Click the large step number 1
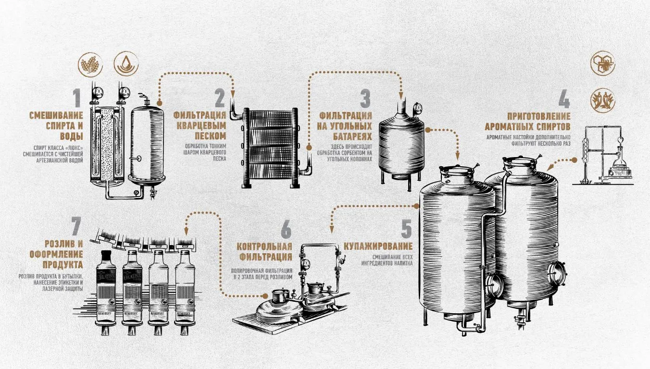(76, 98)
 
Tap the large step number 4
(564, 98)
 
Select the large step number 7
(76, 226)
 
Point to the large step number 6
(286, 230)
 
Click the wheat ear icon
(90, 65)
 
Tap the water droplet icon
(126, 64)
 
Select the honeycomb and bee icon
(603, 63)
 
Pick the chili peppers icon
(603, 100)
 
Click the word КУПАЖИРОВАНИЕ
(378, 246)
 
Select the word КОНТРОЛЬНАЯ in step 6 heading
(264, 246)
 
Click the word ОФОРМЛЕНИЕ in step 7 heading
(56, 254)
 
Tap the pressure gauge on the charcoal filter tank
(418, 109)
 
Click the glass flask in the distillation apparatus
(620, 160)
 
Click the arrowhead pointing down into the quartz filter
(232, 94)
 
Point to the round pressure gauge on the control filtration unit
(305, 264)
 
